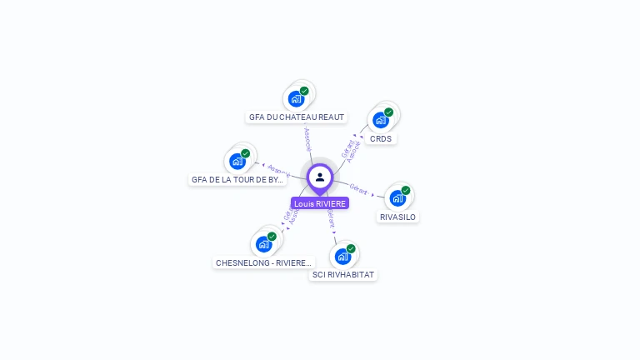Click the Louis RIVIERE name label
[320, 203]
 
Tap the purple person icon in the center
[320, 177]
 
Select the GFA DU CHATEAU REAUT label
[297, 117]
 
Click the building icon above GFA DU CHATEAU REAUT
[296, 99]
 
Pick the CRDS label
[381, 138]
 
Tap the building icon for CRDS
[381, 120]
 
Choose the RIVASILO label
[397, 217]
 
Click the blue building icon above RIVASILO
[397, 198]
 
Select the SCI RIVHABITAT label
[343, 274]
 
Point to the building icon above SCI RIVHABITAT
[342, 256]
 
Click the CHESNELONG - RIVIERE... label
[264, 262]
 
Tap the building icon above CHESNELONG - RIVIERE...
[264, 244]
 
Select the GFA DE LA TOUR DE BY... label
[237, 179]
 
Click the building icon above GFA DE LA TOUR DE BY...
[237, 161]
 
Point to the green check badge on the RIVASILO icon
[406, 190]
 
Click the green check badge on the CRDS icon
[388, 112]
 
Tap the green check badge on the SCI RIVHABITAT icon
[351, 248]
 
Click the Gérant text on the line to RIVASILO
[358, 190]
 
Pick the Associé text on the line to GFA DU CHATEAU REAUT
[307, 138]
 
